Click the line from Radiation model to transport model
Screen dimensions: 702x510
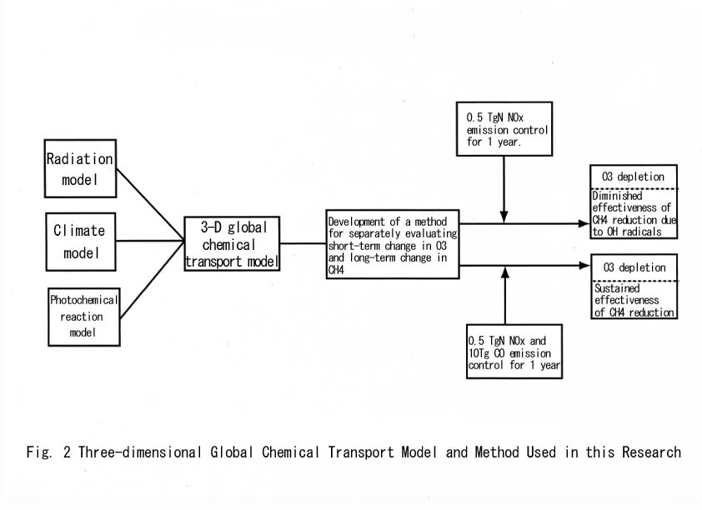(x=150, y=205)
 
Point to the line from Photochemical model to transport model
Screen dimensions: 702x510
(x=153, y=280)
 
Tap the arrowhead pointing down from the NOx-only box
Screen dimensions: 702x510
(x=504, y=217)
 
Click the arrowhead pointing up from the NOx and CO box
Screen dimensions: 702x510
(x=505, y=272)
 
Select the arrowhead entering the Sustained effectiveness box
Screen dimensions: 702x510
(x=584, y=266)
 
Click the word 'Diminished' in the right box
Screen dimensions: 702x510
(x=618, y=196)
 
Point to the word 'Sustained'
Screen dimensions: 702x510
(x=617, y=288)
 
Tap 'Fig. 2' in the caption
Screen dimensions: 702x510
(x=48, y=452)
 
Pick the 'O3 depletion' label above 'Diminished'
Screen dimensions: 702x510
(x=633, y=177)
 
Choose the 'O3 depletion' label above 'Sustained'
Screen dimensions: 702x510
(x=634, y=267)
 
